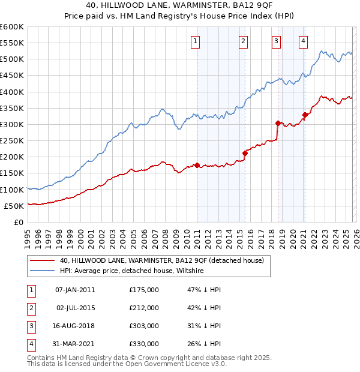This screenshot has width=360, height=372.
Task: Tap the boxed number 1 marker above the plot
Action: click(x=196, y=41)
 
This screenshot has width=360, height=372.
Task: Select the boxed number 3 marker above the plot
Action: click(x=275, y=41)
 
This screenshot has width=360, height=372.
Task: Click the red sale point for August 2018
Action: click(x=278, y=123)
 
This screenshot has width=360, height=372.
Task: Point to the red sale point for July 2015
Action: click(x=245, y=153)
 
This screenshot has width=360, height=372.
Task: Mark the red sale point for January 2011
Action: click(x=197, y=165)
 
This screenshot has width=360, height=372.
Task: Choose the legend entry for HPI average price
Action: click(x=132, y=271)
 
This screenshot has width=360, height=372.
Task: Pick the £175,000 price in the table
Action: click(x=144, y=289)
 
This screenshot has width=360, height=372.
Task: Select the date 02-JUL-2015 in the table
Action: click(x=73, y=308)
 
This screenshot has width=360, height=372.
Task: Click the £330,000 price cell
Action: click(x=144, y=344)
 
